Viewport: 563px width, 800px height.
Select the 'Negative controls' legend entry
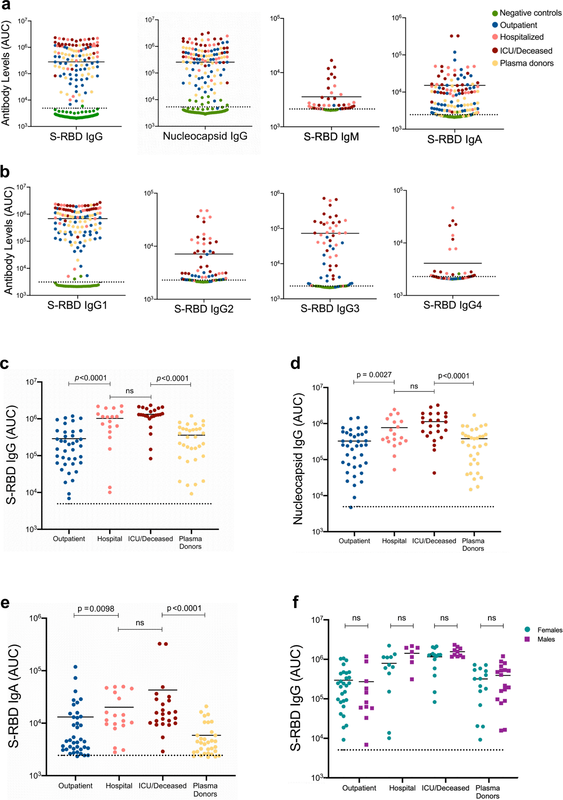[x=526, y=13]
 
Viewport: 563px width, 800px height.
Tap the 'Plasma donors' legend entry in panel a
[x=523, y=63]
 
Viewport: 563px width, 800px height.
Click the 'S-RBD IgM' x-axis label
[x=331, y=137]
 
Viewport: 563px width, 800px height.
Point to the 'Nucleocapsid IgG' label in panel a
[x=205, y=136]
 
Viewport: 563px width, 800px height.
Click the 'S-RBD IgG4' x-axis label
[x=452, y=305]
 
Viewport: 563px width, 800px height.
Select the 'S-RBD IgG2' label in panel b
[x=203, y=309]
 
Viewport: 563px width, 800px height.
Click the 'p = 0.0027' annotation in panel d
[x=374, y=375]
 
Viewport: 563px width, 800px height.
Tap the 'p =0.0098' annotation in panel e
[x=96, y=608]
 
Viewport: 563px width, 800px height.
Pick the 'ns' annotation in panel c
[x=130, y=391]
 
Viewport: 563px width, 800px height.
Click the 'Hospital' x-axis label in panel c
[x=109, y=539]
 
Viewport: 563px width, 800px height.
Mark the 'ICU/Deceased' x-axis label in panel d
[x=434, y=541]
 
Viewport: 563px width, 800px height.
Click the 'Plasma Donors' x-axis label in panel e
[x=205, y=790]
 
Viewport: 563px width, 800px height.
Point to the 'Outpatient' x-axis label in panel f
[x=359, y=788]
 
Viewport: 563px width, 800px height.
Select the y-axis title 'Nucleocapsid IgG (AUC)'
[x=298, y=459]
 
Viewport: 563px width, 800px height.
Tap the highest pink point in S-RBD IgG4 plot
[x=453, y=208]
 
